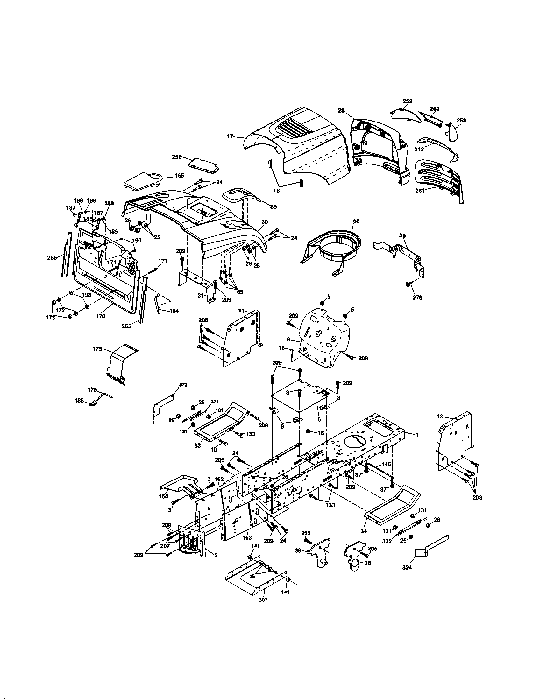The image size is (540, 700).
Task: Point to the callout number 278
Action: click(417, 297)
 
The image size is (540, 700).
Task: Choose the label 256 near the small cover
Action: click(177, 157)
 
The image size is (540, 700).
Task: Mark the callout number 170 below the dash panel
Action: click(100, 316)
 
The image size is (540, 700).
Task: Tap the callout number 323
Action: click(183, 384)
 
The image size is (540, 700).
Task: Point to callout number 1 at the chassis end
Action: click(417, 435)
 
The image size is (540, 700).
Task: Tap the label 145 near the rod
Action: click(387, 464)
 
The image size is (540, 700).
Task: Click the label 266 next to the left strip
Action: click(52, 257)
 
